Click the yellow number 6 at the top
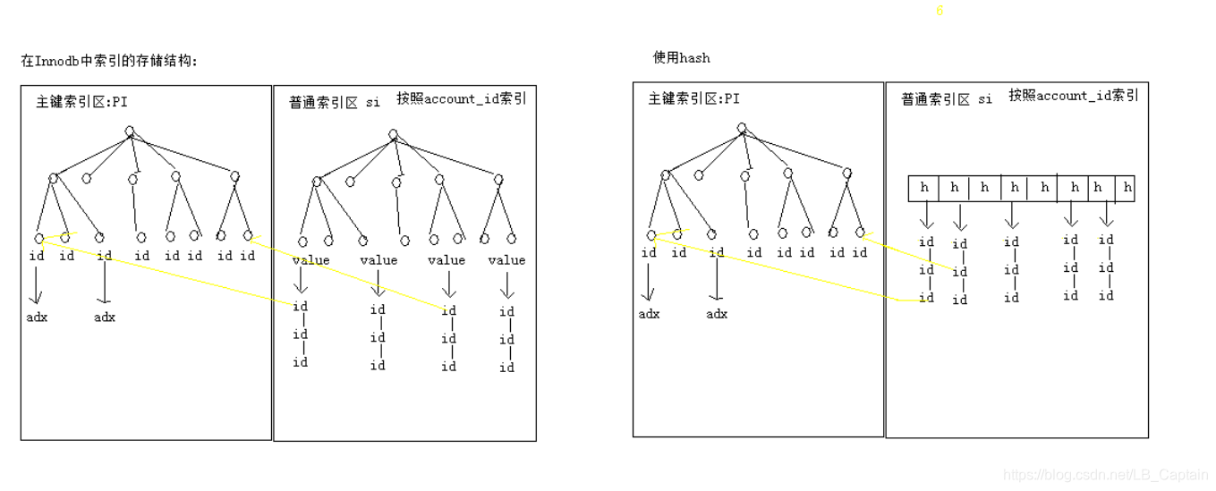(x=940, y=12)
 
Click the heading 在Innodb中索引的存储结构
(x=108, y=62)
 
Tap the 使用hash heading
(x=681, y=58)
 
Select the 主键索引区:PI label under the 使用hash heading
(x=693, y=99)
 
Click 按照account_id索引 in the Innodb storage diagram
(x=462, y=99)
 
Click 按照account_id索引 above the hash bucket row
(x=1073, y=96)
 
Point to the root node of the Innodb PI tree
(x=130, y=131)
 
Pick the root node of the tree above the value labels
(x=393, y=134)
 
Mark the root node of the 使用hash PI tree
(x=742, y=128)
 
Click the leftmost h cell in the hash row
(x=924, y=188)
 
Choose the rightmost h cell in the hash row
(x=1127, y=188)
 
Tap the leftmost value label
(x=310, y=260)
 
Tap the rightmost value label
(x=506, y=260)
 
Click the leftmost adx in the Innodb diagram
(x=37, y=317)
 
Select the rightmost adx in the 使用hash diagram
(x=717, y=314)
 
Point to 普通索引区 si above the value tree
(x=335, y=103)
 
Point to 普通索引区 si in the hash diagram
(x=946, y=99)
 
